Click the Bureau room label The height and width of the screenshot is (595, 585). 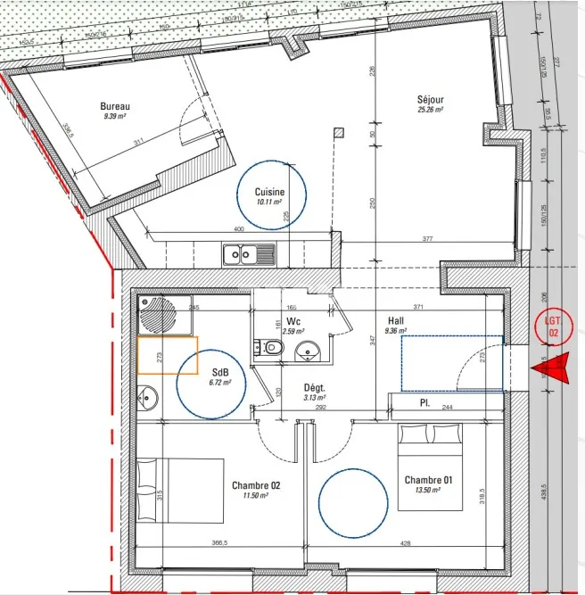[116, 106]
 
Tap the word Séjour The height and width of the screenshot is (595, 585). [430, 99]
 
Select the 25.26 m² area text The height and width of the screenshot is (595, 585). [430, 110]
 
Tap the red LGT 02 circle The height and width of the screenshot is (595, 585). [553, 327]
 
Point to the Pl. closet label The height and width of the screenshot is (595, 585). [425, 403]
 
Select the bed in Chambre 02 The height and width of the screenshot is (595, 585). [180, 491]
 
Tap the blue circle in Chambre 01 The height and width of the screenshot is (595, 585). [355, 504]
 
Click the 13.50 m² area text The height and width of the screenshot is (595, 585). [428, 490]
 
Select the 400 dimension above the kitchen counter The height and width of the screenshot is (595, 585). [238, 230]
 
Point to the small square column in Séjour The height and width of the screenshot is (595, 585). [339, 133]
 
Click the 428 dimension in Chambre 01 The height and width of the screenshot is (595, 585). [406, 542]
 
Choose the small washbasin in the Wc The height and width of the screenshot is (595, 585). [308, 350]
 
